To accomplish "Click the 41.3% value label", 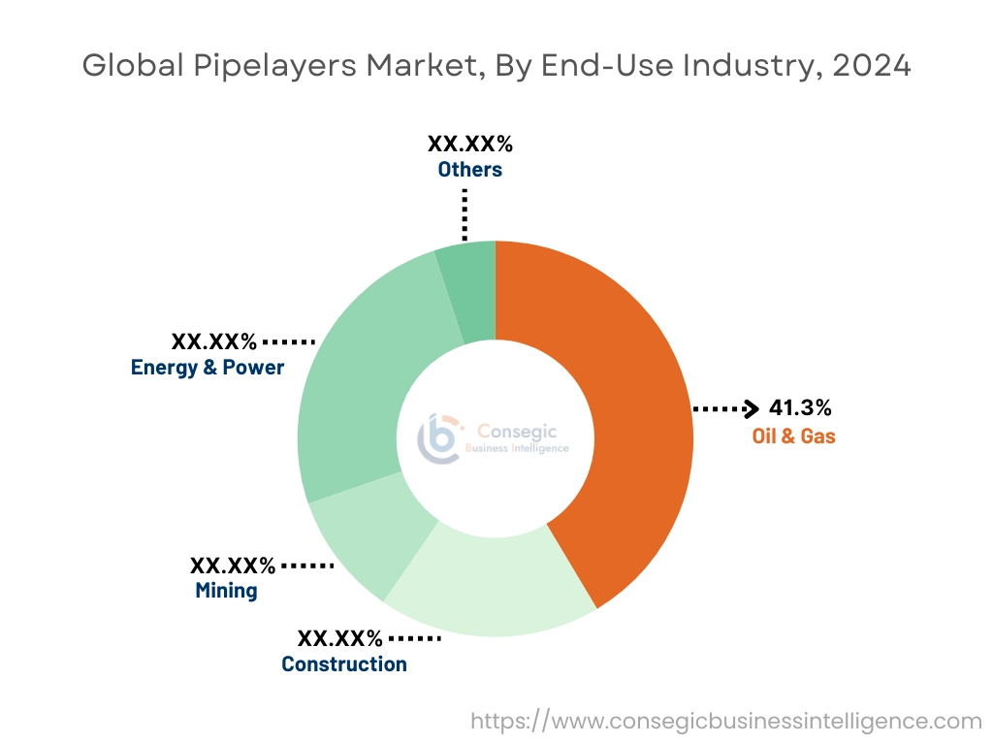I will point(800,407).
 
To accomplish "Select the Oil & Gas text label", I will point(793,437).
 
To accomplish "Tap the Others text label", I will point(469,170).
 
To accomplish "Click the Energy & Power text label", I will point(208,368).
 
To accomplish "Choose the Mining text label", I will point(226,590).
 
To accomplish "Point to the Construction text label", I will point(344,664).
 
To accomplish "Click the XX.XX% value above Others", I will point(469,145).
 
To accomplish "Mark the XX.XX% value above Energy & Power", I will point(214,341).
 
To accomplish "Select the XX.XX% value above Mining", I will point(233,565).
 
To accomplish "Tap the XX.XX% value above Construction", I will point(339,638).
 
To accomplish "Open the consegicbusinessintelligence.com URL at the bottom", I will point(726,721).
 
